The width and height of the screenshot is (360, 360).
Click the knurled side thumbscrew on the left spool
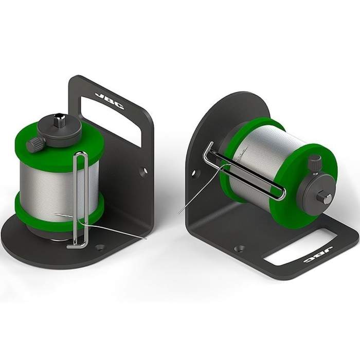pyautogui.click(x=35, y=145)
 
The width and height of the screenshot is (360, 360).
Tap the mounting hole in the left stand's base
pyautogui.click(x=100, y=247)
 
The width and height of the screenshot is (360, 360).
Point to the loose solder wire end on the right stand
pyautogui.click(x=188, y=206)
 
